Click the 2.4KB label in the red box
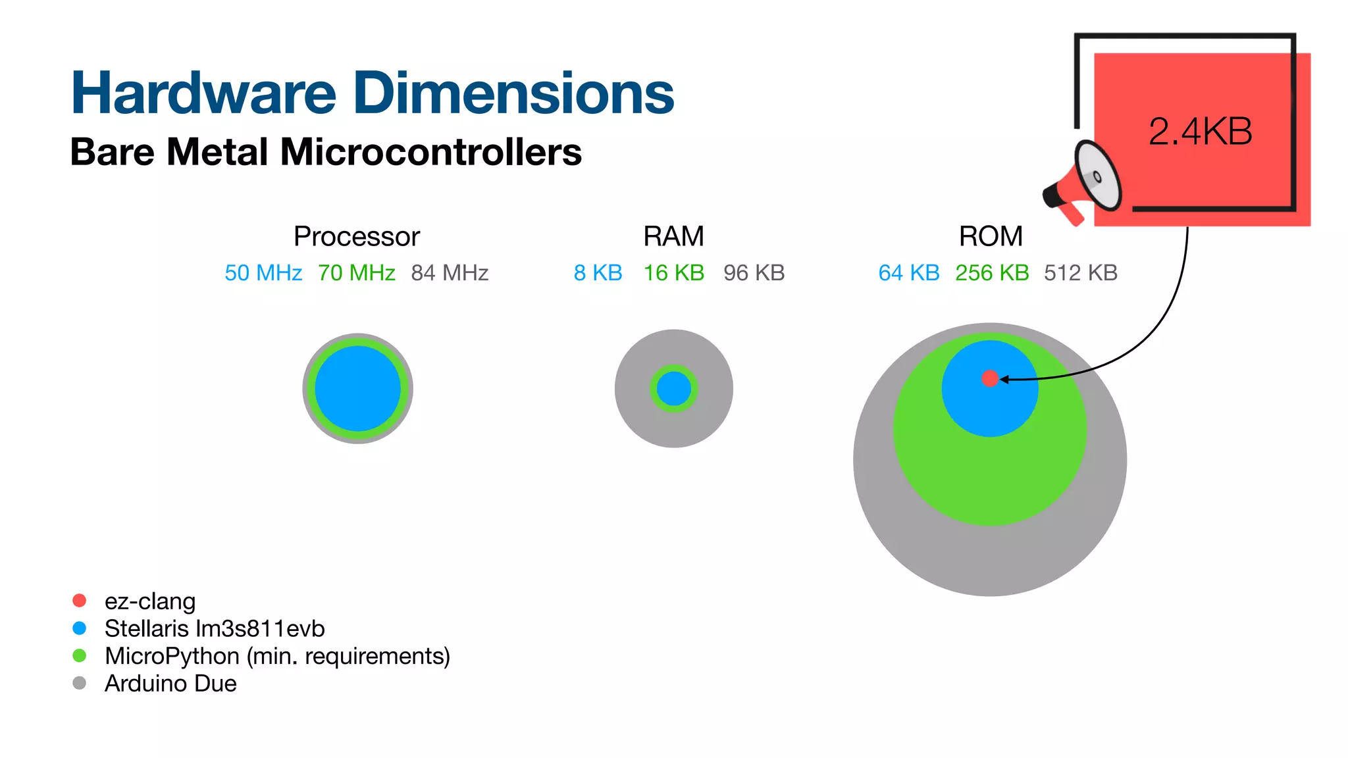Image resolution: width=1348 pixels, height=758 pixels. pos(1200,132)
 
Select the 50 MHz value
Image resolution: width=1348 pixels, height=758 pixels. pos(263,272)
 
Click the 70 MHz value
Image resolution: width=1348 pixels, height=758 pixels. pos(356,272)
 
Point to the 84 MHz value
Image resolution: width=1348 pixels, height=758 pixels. pos(450,272)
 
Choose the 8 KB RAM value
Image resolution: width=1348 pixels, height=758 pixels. pos(598,272)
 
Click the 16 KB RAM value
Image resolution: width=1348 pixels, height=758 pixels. pos(673,272)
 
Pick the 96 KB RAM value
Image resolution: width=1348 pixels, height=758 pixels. pos(754,272)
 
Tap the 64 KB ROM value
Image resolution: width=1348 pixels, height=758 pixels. pos(908,272)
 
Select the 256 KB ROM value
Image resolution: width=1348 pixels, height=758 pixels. pos(992,272)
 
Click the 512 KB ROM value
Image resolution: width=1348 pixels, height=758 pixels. pos(1081,272)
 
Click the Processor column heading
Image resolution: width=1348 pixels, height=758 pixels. pos(356,236)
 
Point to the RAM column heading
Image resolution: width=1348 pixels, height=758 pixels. pos(673,236)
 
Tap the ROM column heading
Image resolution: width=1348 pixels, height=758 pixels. pos(991,236)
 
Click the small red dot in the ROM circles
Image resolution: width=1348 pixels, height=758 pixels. pos(989,378)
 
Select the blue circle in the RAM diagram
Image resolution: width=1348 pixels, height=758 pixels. pos(673,389)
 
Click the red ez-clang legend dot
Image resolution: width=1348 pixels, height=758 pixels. pos(80,601)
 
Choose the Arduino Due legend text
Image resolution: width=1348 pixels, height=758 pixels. pos(170,684)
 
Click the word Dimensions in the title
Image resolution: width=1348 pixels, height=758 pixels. pos(513,93)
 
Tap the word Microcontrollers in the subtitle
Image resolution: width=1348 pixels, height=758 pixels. pos(431,152)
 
